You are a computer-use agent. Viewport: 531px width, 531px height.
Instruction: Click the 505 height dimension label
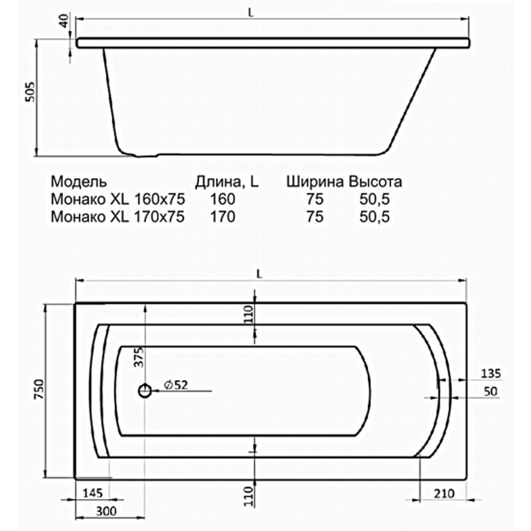(30, 92)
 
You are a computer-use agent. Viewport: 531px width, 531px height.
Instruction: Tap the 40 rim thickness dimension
(64, 21)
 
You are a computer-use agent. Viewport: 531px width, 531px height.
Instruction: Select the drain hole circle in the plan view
(145, 391)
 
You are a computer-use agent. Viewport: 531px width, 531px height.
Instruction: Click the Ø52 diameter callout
(175, 385)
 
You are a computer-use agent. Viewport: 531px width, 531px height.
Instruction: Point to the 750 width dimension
(39, 389)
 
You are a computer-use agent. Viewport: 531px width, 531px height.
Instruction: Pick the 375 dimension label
(139, 356)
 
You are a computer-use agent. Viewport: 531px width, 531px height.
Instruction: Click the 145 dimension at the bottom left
(93, 493)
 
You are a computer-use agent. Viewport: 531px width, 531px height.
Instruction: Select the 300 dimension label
(106, 511)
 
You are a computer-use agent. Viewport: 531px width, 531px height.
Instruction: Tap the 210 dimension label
(443, 494)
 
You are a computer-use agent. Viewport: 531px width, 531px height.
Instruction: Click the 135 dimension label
(491, 374)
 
